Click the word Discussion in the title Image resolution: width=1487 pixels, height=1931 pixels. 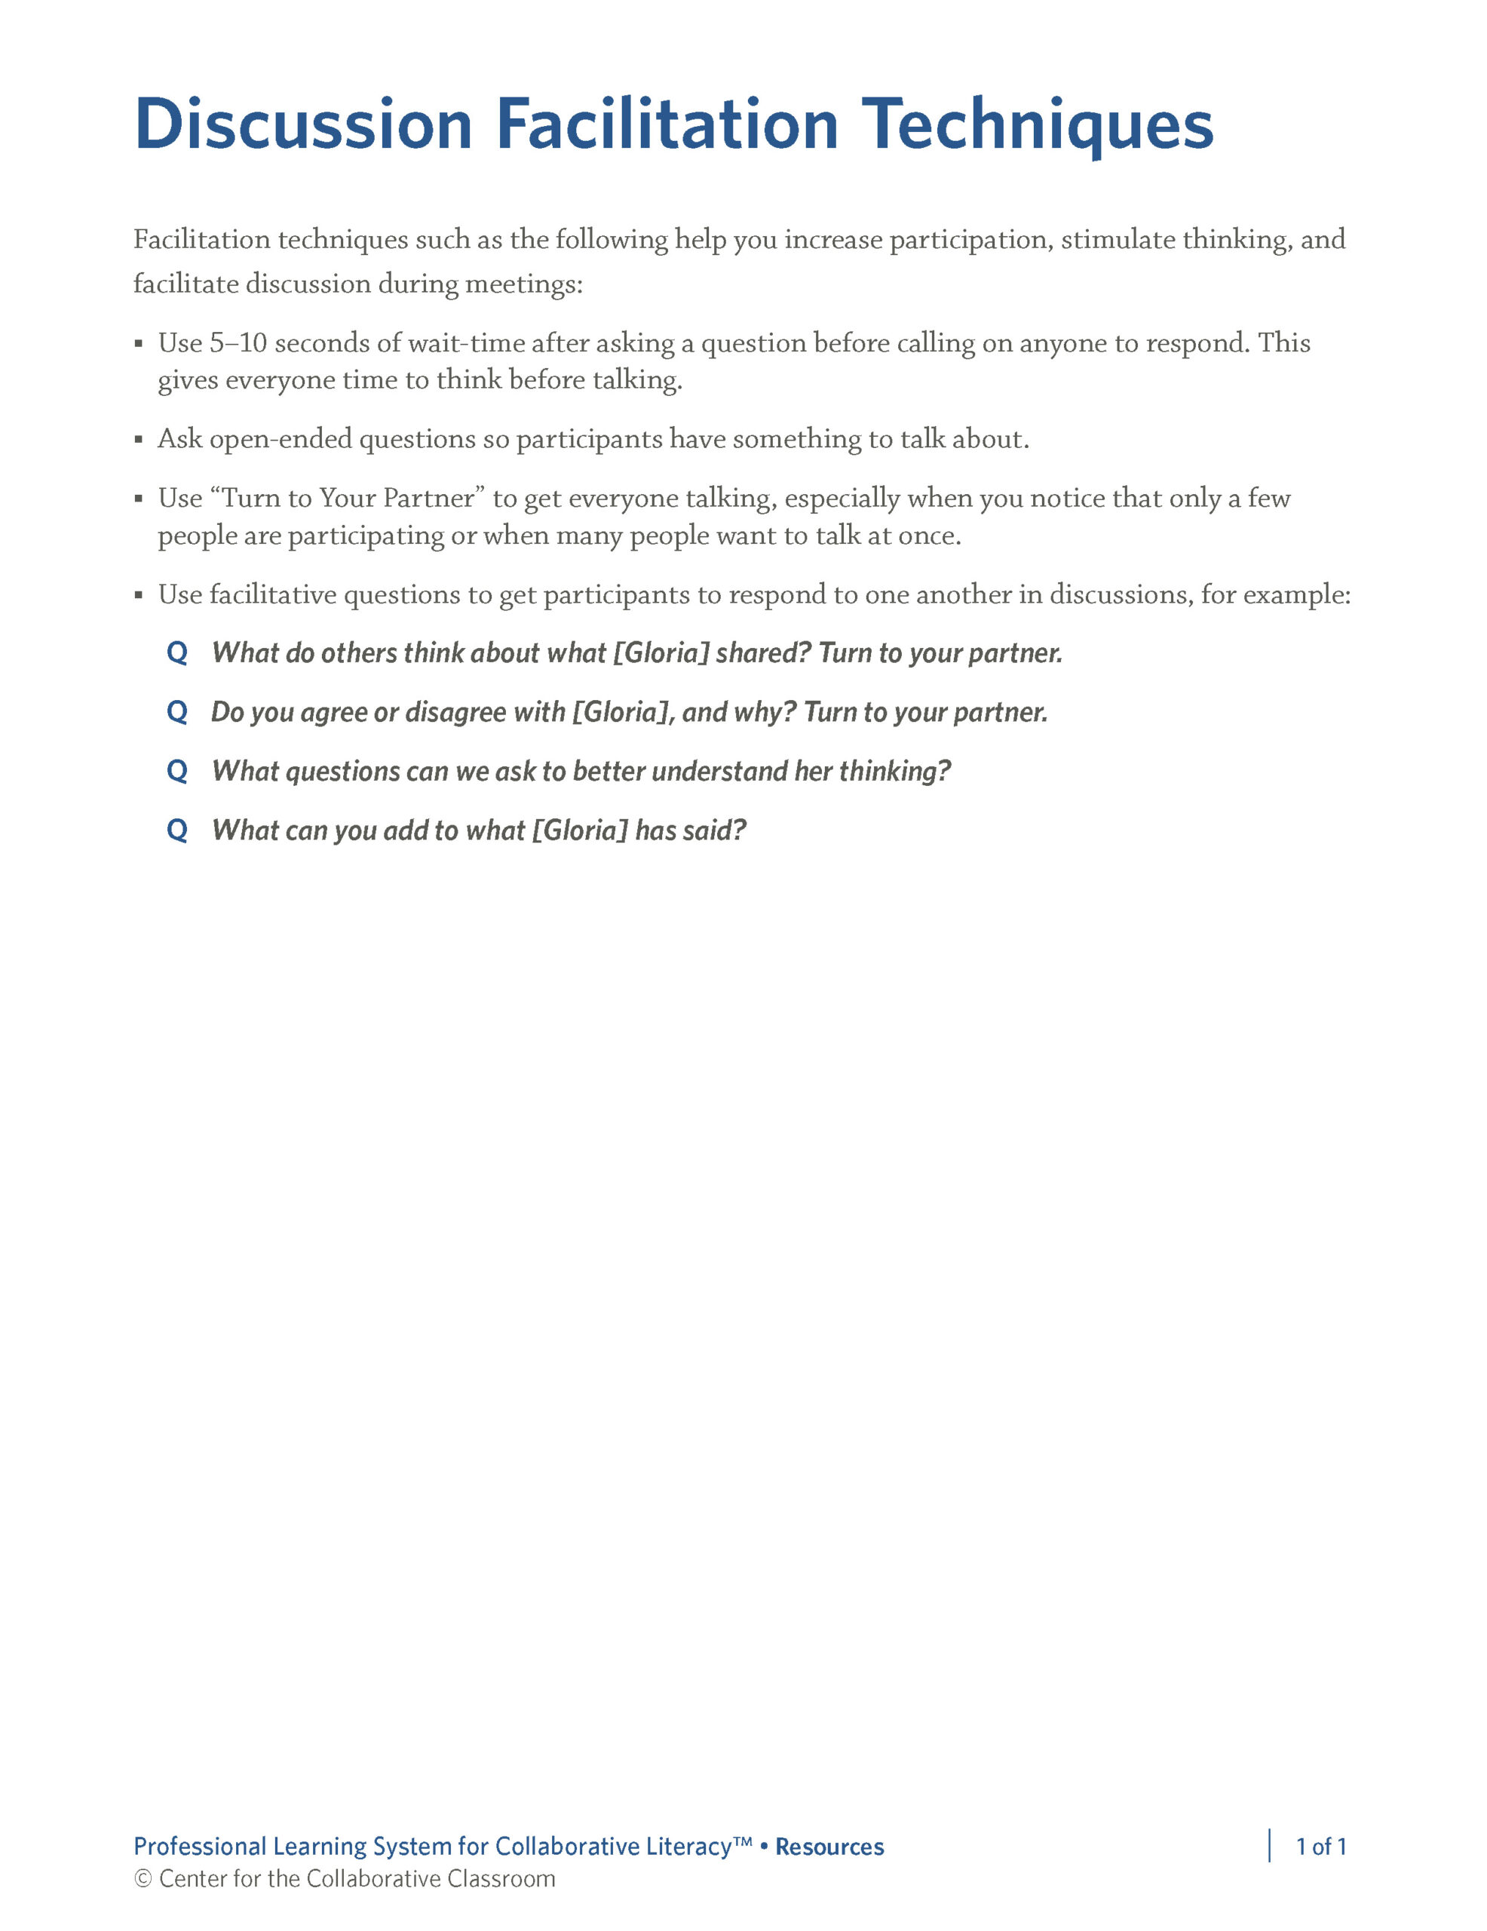[x=303, y=124]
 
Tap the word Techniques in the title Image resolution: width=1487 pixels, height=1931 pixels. [x=1037, y=124]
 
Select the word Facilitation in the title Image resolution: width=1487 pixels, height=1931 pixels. [x=667, y=124]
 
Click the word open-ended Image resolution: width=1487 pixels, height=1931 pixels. [x=281, y=440]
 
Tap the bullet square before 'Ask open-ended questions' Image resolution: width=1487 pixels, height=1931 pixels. [x=139, y=440]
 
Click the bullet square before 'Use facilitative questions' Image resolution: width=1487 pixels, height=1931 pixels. [x=139, y=595]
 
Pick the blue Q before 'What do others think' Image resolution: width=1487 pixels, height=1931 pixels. [x=176, y=653]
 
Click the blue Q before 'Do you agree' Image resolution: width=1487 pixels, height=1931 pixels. [x=176, y=713]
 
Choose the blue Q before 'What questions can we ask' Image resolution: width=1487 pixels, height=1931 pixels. [x=176, y=772]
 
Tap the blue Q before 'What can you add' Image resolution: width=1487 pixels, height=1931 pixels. [x=176, y=831]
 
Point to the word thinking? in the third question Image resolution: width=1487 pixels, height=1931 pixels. [x=894, y=772]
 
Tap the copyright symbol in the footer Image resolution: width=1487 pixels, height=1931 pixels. [x=143, y=1879]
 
